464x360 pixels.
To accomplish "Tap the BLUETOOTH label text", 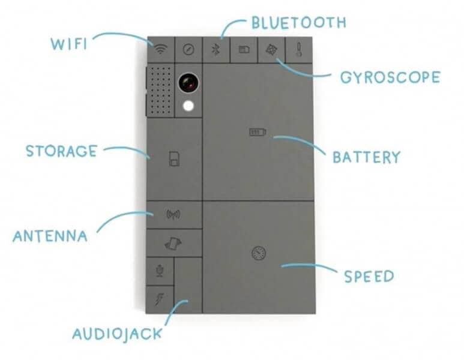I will click(x=298, y=23).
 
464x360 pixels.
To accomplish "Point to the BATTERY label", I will click(x=366, y=157).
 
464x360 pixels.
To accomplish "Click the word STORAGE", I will click(x=61, y=150).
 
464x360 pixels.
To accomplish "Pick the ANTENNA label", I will click(x=50, y=235).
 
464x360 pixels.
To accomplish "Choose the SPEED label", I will click(x=369, y=277).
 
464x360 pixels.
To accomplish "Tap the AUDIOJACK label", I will click(x=117, y=334).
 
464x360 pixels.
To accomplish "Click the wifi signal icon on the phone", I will click(x=159, y=50).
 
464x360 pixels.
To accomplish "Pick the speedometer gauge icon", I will click(x=258, y=253).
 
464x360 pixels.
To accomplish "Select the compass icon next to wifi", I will click(x=187, y=50).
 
